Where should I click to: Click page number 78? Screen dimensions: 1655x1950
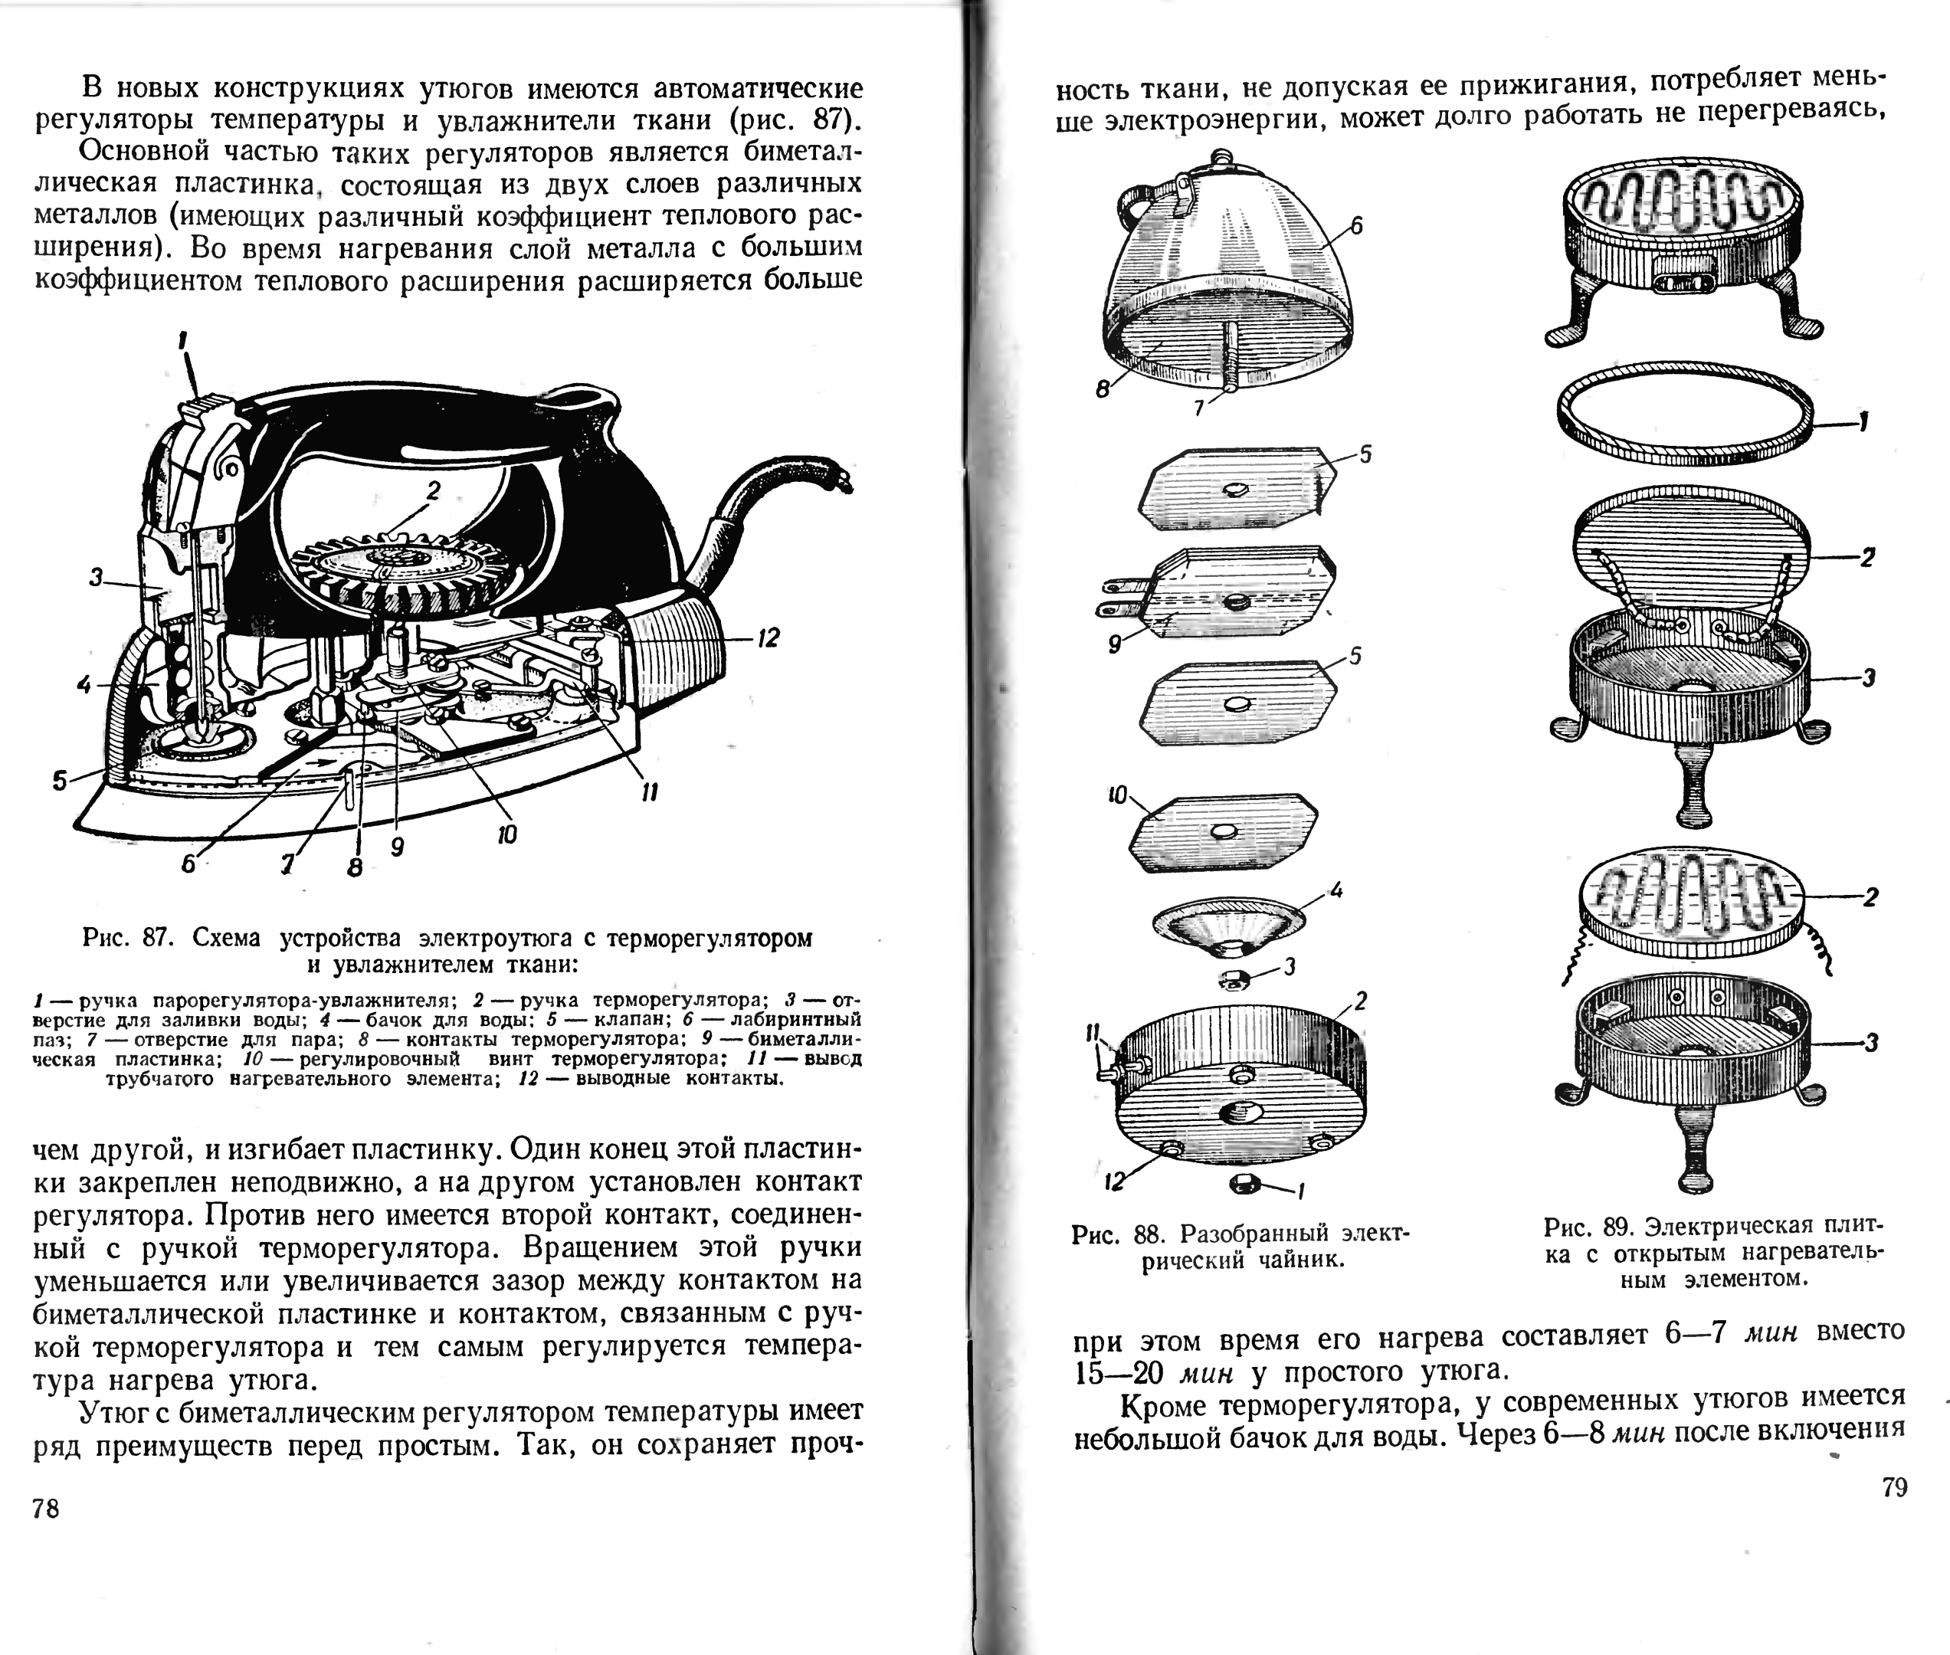[46, 1509]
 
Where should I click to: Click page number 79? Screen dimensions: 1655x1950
[1894, 1488]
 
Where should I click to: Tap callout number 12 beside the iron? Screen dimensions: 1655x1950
[769, 639]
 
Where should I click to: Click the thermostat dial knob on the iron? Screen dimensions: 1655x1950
[403, 568]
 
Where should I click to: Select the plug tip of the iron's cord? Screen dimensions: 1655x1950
[844, 480]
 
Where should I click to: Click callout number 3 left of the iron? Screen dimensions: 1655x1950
[96, 577]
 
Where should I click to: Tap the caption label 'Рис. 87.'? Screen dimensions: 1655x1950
[126, 938]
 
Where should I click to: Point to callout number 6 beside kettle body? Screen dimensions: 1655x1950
[1356, 226]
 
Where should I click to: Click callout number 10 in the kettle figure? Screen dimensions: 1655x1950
[1116, 795]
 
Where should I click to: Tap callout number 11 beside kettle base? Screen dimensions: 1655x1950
[1092, 1033]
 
